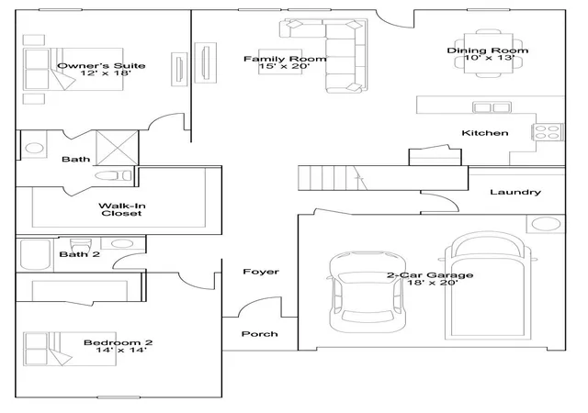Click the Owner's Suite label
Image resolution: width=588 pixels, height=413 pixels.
pos(101,66)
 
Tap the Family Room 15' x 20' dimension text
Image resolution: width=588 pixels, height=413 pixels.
pos(284,66)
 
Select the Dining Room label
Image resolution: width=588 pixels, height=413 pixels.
pos(488,50)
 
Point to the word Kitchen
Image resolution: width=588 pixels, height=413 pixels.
pos(485,133)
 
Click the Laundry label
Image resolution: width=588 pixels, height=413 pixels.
pos(515,192)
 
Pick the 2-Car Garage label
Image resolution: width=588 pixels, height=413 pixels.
pos(430,275)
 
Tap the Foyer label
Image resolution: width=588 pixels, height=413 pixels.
pos(261,272)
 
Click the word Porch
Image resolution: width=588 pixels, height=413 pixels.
pos(259,334)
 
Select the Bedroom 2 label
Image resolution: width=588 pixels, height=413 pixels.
pos(119,342)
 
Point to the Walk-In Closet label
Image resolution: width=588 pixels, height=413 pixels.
pos(122,209)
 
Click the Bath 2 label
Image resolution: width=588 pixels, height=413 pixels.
pos(80,254)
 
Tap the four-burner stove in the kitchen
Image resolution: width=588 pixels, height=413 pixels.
pos(548,132)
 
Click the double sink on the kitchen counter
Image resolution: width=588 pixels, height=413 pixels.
pos(492,107)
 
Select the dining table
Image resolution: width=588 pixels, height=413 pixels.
pos(488,53)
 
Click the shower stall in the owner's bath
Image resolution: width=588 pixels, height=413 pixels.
pos(118,148)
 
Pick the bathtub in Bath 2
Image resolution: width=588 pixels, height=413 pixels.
pos(35,254)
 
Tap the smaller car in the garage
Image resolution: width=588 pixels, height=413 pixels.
pos(367,292)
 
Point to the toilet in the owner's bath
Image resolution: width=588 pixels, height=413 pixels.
pos(113,175)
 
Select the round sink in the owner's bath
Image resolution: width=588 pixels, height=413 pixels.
pos(34,148)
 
